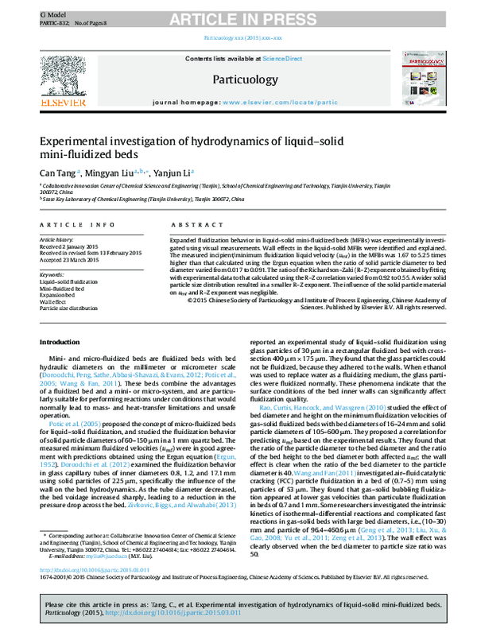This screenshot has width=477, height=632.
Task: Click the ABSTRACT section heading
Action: pos(192,226)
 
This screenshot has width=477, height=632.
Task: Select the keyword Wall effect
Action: pos(53,302)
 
